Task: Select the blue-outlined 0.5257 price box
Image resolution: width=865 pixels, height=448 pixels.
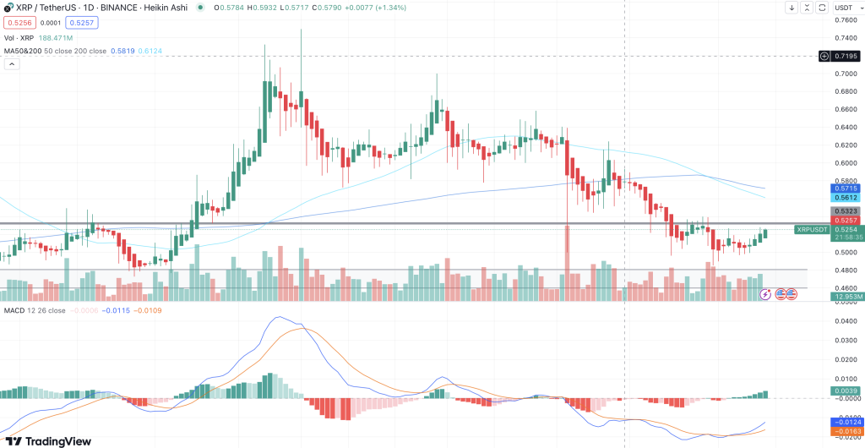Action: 80,23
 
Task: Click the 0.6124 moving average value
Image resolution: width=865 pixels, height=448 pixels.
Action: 150,51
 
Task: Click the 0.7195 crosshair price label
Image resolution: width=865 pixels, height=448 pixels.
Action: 846,56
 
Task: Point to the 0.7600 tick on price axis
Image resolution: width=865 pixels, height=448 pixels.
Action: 845,19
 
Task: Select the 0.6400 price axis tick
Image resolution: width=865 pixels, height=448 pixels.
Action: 845,127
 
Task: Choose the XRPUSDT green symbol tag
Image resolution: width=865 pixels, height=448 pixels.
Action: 813,229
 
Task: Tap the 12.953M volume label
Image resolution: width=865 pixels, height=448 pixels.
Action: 846,297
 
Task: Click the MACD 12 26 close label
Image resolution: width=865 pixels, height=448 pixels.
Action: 34,311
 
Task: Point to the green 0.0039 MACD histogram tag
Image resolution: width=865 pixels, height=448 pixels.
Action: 846,391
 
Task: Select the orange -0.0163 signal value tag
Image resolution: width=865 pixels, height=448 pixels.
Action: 846,431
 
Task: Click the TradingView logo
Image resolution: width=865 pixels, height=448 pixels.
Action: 48,440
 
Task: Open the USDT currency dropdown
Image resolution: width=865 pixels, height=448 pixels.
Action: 845,8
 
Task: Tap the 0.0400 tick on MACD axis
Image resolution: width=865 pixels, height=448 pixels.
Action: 845,321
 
